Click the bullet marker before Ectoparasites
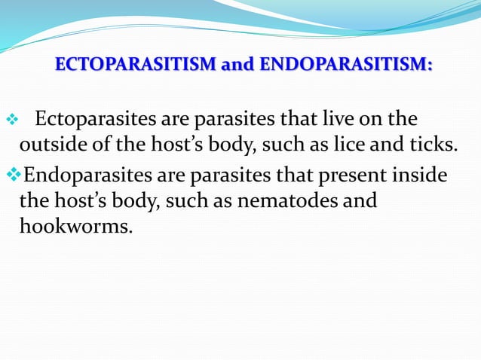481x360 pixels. [x=11, y=121]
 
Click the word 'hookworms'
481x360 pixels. [x=75, y=226]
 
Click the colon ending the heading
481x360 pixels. [x=430, y=67]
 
